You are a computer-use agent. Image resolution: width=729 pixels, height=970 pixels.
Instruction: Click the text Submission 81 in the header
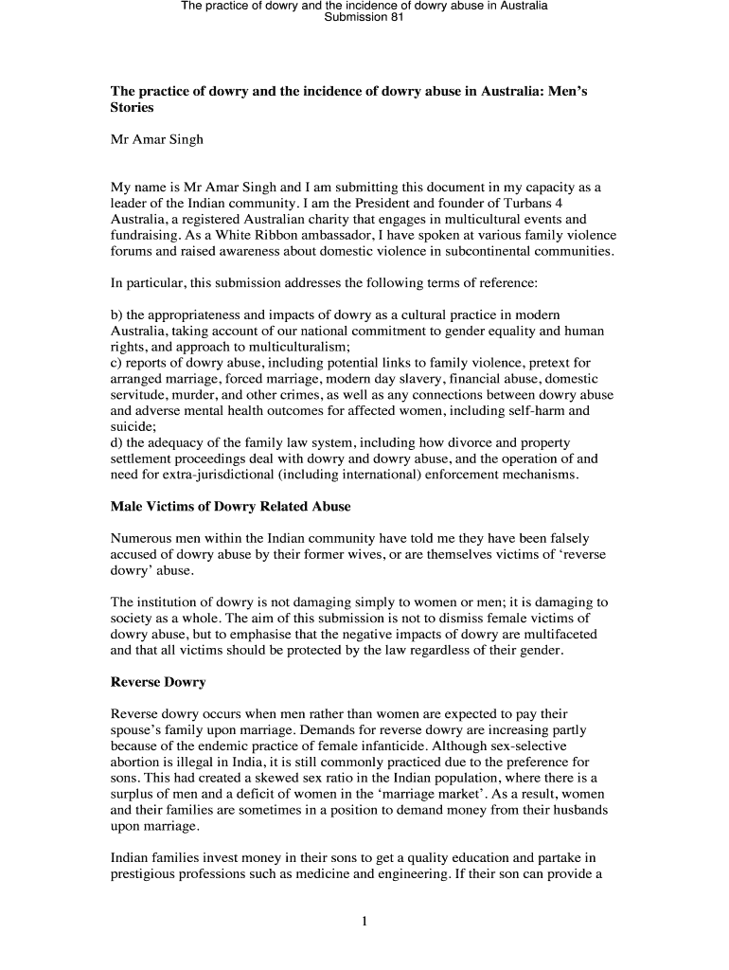(364, 18)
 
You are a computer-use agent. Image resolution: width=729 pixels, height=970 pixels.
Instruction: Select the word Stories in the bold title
(132, 108)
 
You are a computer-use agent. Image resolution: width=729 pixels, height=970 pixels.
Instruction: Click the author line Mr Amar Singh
(157, 140)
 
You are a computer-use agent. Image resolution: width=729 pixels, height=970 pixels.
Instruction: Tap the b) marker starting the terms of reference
(116, 314)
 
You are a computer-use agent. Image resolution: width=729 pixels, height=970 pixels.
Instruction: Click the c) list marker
(116, 363)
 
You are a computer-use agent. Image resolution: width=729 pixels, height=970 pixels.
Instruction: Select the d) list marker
(117, 442)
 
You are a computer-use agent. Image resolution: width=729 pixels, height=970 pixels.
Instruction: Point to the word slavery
(413, 379)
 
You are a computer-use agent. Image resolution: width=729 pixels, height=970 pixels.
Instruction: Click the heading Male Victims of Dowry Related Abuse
(231, 507)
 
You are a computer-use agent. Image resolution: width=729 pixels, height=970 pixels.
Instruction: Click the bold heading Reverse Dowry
(158, 682)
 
